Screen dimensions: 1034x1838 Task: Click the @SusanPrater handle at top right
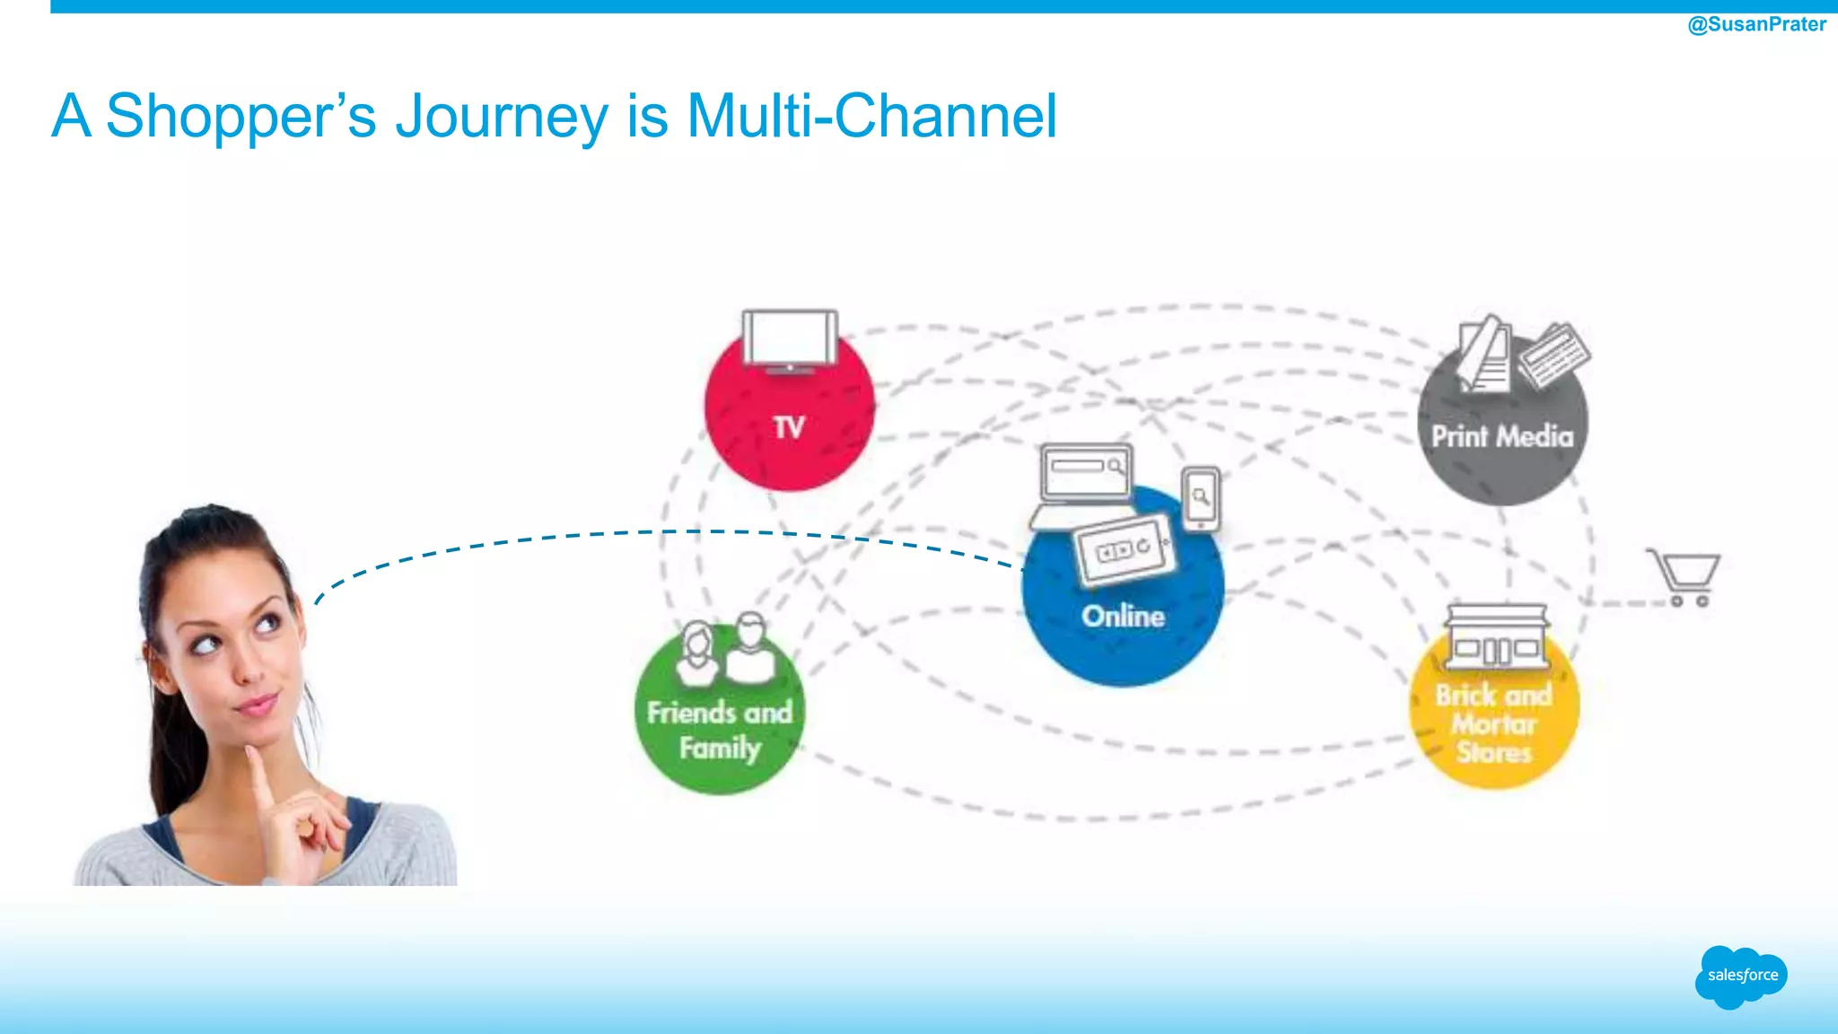(1756, 24)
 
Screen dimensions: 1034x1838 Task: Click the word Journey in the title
(502, 117)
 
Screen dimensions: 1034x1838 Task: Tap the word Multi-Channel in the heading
(871, 117)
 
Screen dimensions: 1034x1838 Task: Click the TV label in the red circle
(789, 427)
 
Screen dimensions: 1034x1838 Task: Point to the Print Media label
(1501, 436)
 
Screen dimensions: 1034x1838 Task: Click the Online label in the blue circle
(1123, 616)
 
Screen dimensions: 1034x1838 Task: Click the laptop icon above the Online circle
(1084, 485)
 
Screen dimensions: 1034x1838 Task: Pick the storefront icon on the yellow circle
(1496, 637)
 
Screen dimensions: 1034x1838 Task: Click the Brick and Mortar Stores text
(1493, 723)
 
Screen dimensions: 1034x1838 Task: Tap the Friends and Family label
(720, 730)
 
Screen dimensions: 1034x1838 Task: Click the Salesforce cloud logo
(1741, 976)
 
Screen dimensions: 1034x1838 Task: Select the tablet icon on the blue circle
(1124, 549)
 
